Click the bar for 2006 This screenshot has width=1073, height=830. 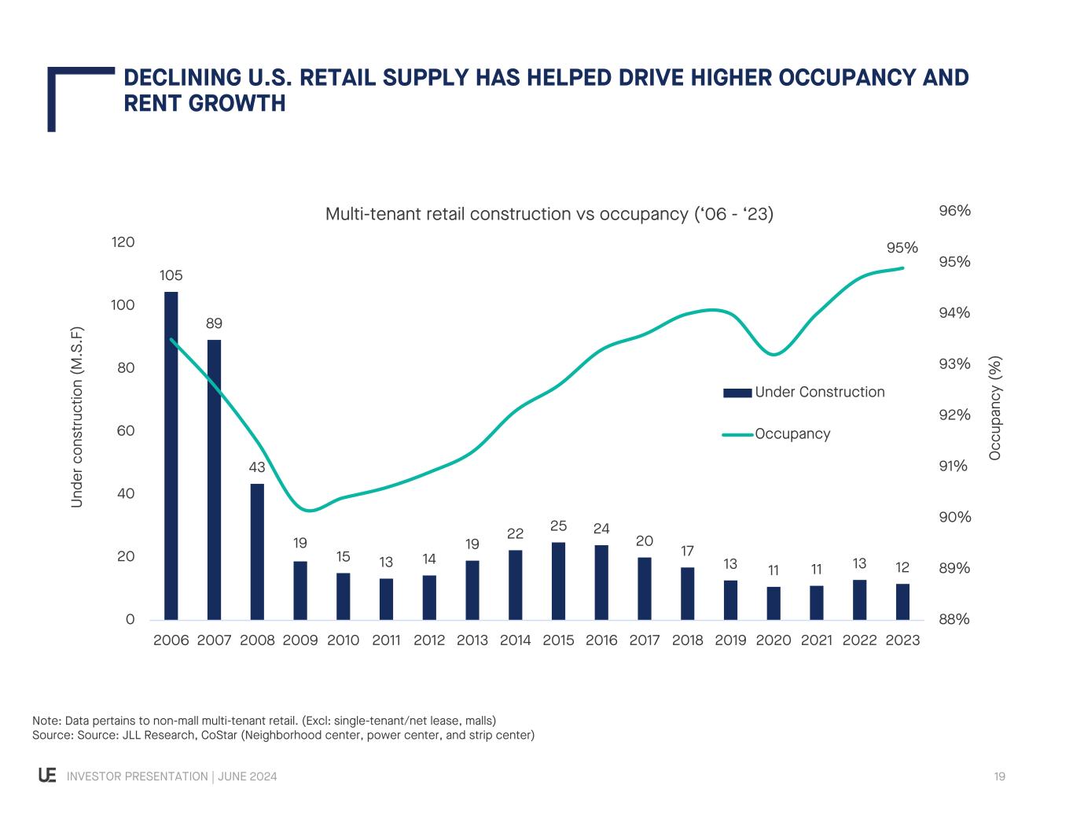(171, 456)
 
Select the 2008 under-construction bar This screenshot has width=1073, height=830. (257, 551)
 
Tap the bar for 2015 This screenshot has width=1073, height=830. (558, 581)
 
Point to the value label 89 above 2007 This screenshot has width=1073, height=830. (214, 323)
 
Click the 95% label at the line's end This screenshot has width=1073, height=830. (902, 248)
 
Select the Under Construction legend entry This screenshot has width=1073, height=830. (819, 392)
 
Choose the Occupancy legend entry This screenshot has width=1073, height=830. (792, 433)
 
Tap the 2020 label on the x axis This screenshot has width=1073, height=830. (774, 640)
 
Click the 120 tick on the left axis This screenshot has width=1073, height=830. (123, 242)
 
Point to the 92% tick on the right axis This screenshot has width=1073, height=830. (954, 415)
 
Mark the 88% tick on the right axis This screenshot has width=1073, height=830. (954, 620)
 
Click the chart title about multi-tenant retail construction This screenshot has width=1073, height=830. (549, 214)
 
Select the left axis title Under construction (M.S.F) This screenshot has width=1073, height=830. (77, 417)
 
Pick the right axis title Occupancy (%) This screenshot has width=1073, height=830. (996, 408)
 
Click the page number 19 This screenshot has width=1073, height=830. (999, 777)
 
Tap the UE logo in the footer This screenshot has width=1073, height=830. (47, 776)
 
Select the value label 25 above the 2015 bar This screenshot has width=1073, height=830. (558, 526)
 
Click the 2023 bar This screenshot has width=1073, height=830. (902, 602)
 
